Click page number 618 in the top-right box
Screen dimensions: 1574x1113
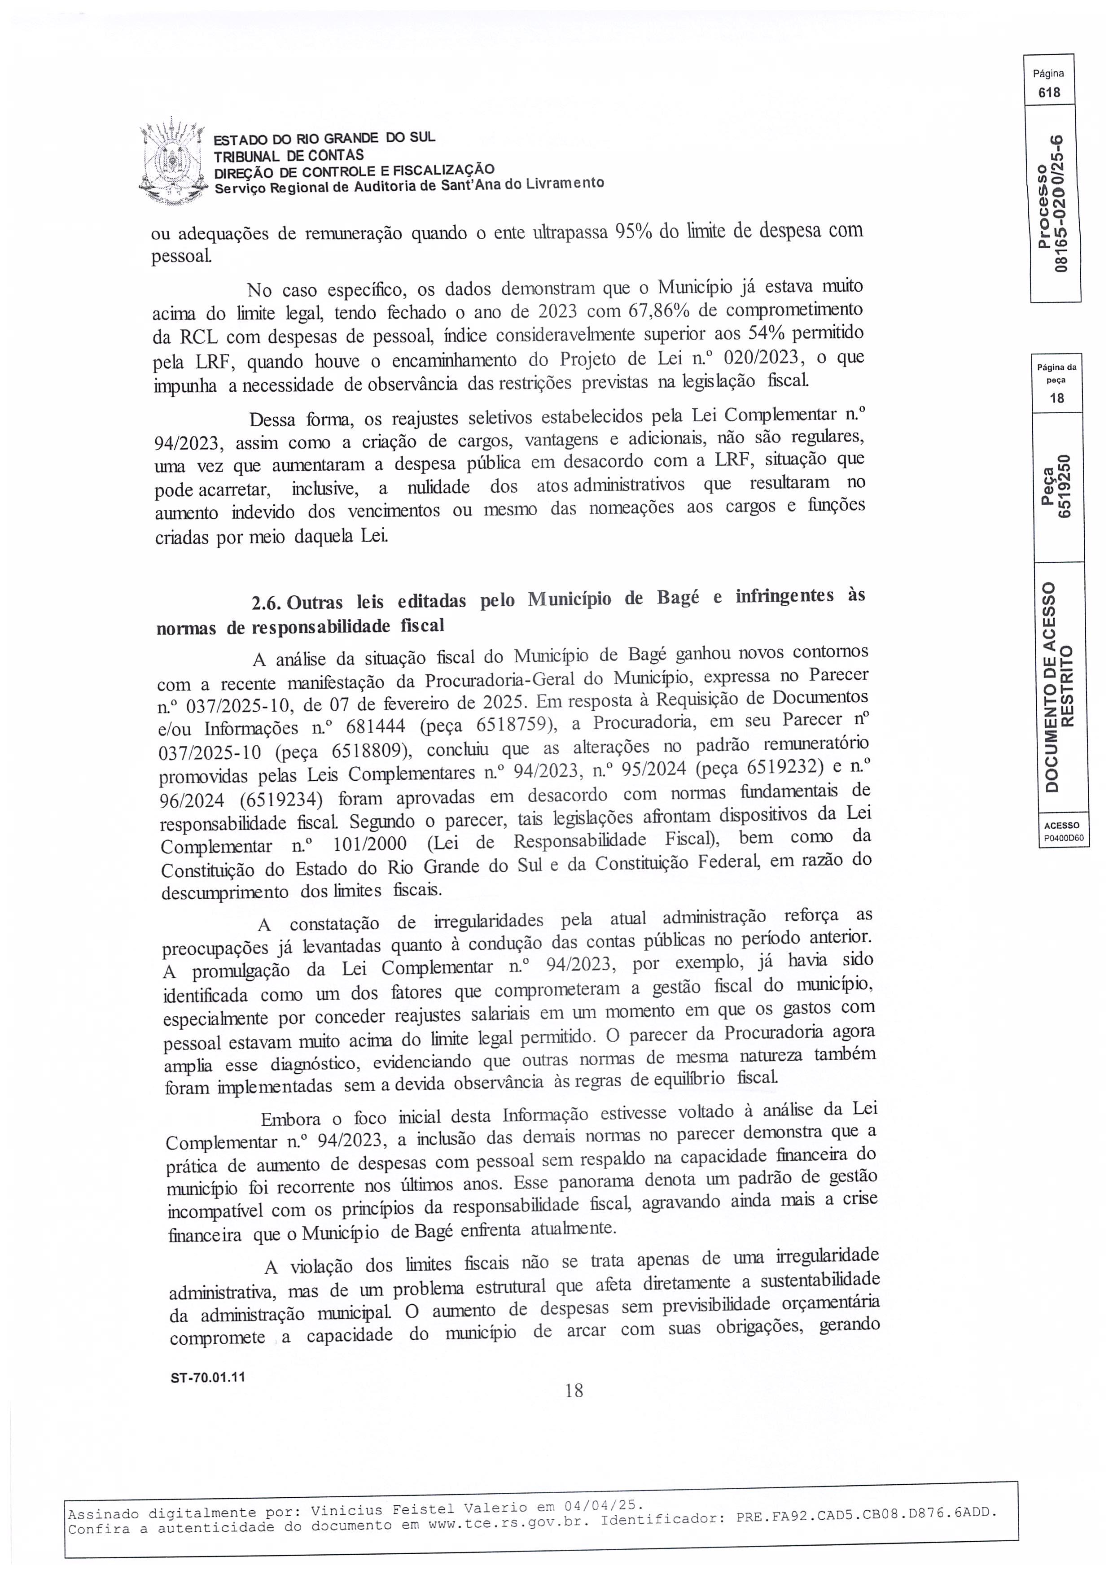[x=1048, y=92]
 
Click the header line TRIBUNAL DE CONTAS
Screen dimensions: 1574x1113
[x=288, y=156]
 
